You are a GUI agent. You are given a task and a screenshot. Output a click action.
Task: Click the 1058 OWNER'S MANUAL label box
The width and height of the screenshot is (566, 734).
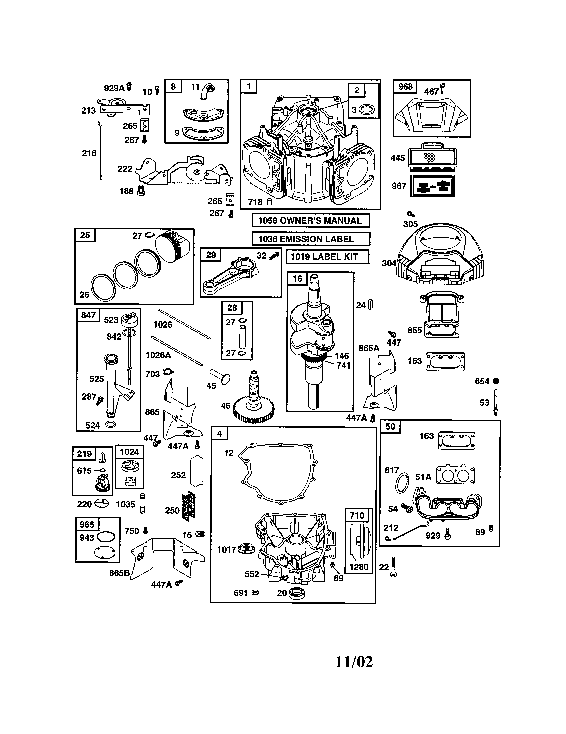311,221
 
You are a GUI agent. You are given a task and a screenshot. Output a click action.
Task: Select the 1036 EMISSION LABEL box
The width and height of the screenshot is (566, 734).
311,239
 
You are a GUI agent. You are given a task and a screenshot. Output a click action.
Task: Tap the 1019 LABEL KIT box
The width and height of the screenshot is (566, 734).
327,257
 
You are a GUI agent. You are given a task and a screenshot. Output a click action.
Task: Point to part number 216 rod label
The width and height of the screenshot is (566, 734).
89,153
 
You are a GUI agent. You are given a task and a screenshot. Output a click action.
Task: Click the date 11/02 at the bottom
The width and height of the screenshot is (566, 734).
354,662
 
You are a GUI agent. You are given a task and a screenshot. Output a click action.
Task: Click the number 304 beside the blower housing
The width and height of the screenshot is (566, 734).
389,263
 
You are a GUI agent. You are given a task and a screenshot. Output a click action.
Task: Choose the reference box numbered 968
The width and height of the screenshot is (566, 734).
405,87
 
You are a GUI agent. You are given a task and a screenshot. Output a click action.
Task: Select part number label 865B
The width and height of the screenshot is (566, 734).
120,573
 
